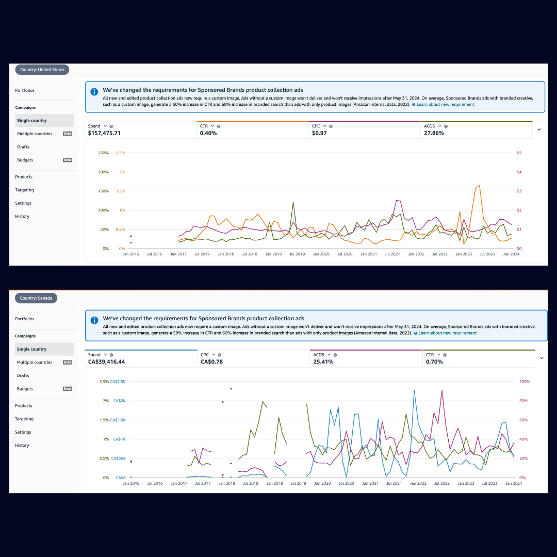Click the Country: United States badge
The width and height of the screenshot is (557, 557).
[x=42, y=70]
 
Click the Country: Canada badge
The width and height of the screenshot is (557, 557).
[x=36, y=298]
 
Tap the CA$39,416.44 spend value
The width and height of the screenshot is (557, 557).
[x=106, y=362]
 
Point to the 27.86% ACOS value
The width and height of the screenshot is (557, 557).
[x=434, y=133]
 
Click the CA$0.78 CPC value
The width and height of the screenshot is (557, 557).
[x=212, y=362]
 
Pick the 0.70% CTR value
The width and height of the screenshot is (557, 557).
[x=434, y=362]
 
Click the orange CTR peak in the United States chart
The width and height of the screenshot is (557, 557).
[x=479, y=186]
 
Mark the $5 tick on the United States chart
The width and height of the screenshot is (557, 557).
[x=519, y=153]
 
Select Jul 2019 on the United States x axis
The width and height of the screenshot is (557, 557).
[x=297, y=254]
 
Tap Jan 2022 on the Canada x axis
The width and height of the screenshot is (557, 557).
[x=417, y=483]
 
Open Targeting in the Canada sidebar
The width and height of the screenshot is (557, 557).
[x=24, y=419]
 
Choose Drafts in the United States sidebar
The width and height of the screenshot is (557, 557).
[x=23, y=147]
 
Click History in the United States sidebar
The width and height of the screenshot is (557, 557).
[x=22, y=217]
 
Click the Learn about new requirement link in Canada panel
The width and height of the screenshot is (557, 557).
[x=447, y=333]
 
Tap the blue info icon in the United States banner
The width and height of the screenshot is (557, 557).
[x=94, y=92]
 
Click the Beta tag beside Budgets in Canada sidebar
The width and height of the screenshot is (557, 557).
[x=67, y=389]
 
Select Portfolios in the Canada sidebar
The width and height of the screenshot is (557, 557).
[x=25, y=319]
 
